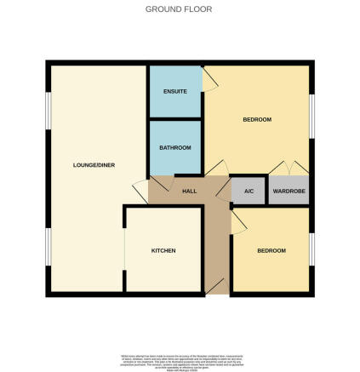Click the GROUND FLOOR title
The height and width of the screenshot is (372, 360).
(x=179, y=9)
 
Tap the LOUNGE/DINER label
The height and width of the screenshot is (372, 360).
(x=94, y=164)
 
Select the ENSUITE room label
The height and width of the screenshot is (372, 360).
(x=174, y=91)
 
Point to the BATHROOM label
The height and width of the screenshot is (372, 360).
(x=175, y=147)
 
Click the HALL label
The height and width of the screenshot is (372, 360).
(x=189, y=191)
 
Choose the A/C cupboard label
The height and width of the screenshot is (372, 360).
(x=249, y=191)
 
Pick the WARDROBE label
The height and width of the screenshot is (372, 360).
(x=289, y=191)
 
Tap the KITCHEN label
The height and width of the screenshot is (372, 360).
(x=163, y=250)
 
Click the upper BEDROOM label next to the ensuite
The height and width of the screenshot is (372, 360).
(x=257, y=119)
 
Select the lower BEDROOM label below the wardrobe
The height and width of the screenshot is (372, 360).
(x=271, y=250)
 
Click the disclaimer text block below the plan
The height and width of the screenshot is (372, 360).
(x=180, y=362)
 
